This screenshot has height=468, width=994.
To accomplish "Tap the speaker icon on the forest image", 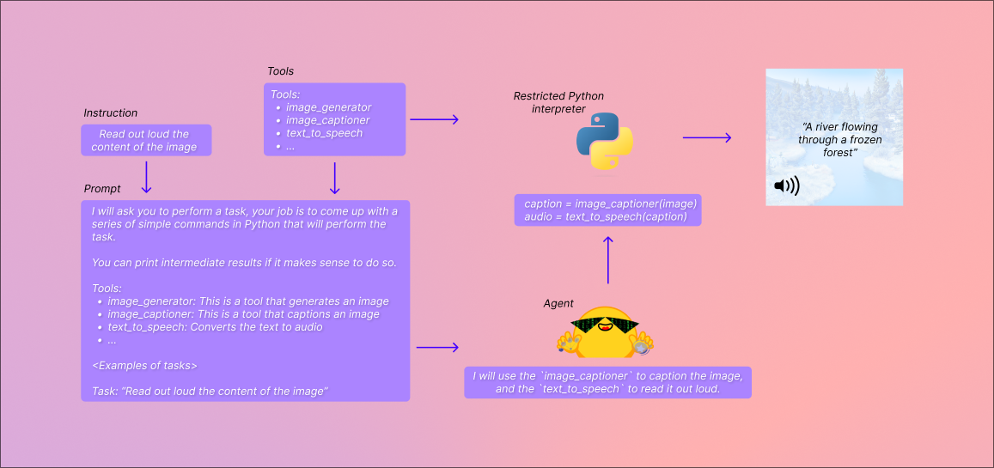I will (x=786, y=185).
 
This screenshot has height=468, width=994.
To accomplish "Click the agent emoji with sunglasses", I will (x=605, y=333).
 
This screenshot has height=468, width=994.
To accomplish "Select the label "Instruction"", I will (x=110, y=113).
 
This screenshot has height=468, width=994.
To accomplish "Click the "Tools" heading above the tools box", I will (x=280, y=71).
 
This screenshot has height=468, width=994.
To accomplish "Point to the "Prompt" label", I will (x=102, y=189).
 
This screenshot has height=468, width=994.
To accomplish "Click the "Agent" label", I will (x=558, y=304).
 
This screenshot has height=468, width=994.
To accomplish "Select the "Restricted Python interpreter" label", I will (x=558, y=102).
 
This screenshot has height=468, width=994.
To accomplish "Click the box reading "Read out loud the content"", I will (x=145, y=141).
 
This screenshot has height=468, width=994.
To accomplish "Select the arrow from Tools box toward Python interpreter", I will (x=434, y=119).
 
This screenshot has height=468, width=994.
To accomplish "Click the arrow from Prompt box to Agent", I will (x=437, y=348).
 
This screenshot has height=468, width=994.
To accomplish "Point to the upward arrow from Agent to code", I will (x=608, y=259).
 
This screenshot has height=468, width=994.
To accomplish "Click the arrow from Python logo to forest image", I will (x=706, y=137).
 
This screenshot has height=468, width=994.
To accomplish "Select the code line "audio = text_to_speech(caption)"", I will (x=606, y=216).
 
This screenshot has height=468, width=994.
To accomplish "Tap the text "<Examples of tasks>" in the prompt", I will (x=144, y=366).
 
